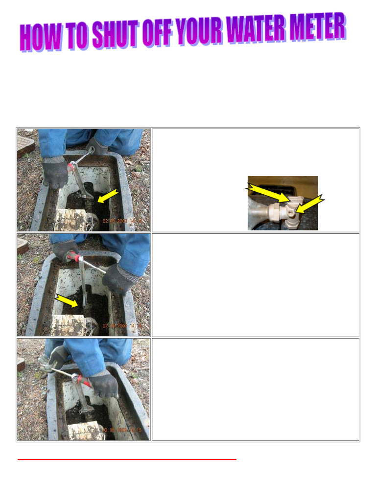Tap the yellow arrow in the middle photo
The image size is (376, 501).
coord(66,300)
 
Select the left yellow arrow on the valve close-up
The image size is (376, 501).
coord(267,193)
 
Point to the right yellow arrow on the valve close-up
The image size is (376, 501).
coord(309,204)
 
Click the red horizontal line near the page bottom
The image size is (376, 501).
coord(127,459)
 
